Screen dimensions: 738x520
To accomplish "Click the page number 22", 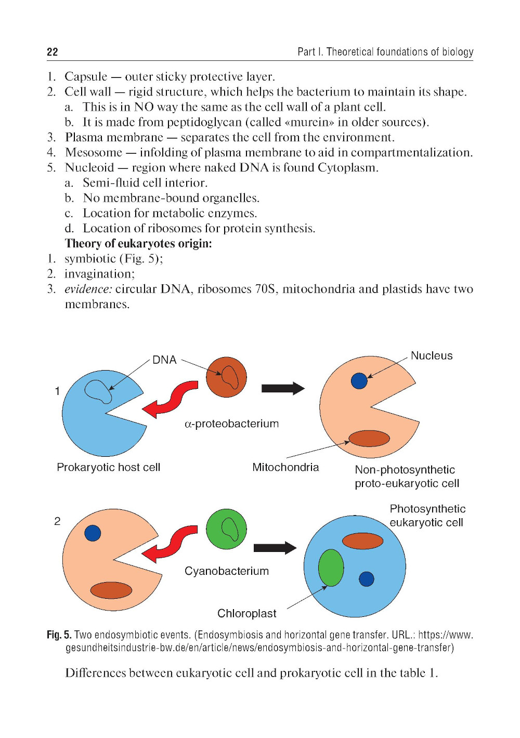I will pyautogui.click(x=53, y=51).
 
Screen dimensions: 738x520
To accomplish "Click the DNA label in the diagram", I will pyautogui.click(x=164, y=360).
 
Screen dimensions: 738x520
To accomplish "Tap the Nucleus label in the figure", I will pyautogui.click(x=431, y=355).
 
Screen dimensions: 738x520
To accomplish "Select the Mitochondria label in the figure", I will pyautogui.click(x=285, y=467).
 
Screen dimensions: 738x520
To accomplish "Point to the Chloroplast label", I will pyautogui.click(x=246, y=613).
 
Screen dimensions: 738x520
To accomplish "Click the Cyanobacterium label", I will pyautogui.click(x=227, y=571).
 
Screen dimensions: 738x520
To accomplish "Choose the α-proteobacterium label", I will pyautogui.click(x=231, y=424).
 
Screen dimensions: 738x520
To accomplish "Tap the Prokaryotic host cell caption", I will pyautogui.click(x=108, y=467).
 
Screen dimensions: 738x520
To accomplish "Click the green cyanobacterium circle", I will pyautogui.click(x=226, y=529).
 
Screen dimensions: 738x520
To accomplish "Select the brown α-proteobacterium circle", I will pyautogui.click(x=226, y=377).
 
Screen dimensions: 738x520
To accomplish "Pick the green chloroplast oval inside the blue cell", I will pyautogui.click(x=331, y=568).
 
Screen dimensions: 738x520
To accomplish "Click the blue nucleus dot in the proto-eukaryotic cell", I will pyautogui.click(x=359, y=381).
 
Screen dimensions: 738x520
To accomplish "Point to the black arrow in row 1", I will pyautogui.click(x=283, y=388).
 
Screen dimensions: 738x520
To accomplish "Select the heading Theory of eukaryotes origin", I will pyautogui.click(x=138, y=243).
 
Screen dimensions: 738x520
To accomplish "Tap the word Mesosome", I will pyautogui.click(x=94, y=152).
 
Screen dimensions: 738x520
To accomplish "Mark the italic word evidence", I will pyautogui.click(x=88, y=289).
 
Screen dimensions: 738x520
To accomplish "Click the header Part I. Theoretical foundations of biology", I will pyautogui.click(x=385, y=51).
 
